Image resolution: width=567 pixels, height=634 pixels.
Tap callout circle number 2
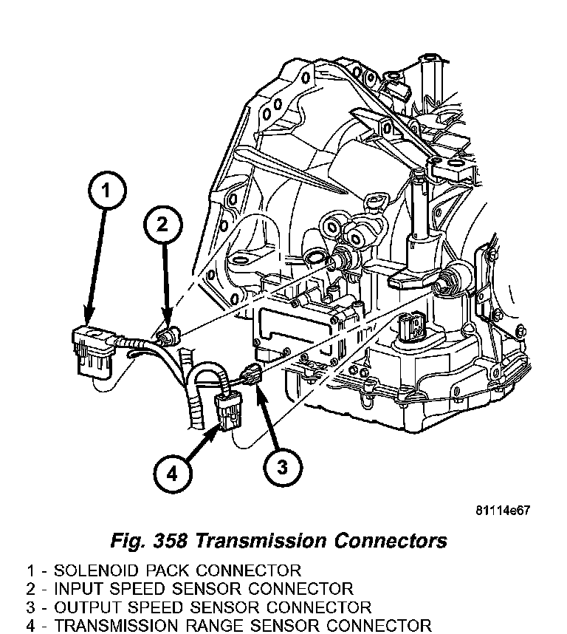(164, 225)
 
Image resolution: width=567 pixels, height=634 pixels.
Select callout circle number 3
(281, 466)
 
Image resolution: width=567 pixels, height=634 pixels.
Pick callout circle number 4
(171, 474)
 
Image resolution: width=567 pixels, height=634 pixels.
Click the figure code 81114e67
(503, 511)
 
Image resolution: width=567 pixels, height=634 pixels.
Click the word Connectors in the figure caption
(391, 541)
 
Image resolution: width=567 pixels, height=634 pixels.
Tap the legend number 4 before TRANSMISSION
(32, 626)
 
